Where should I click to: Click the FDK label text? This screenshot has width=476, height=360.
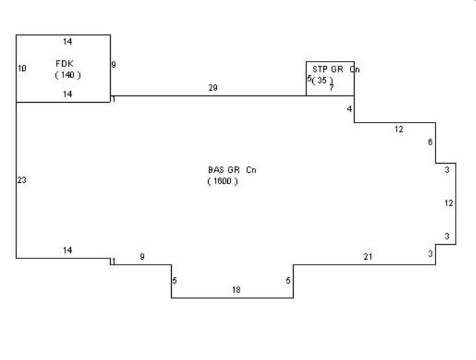click(65, 63)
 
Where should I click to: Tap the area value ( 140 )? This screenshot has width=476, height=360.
click(68, 75)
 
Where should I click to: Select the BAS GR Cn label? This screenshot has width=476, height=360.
click(232, 170)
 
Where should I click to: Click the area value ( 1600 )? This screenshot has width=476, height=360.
click(222, 181)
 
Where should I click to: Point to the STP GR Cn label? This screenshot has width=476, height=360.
click(336, 70)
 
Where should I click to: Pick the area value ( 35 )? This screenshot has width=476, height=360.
click(323, 80)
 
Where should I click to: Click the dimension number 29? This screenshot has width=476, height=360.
click(213, 87)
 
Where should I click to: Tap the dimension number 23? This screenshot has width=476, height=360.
click(22, 180)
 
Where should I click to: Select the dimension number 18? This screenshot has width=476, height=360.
click(236, 290)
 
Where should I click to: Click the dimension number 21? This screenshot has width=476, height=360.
click(368, 257)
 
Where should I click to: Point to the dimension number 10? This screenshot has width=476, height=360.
click(22, 68)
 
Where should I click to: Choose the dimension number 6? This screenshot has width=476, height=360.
click(430, 142)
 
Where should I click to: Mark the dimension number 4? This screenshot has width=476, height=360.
click(349, 108)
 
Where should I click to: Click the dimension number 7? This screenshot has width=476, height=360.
click(331, 87)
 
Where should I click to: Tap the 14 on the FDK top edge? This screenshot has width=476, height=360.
click(67, 42)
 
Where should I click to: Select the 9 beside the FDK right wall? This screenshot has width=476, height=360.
click(113, 64)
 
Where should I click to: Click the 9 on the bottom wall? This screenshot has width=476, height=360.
click(142, 257)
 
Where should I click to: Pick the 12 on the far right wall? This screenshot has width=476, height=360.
click(449, 203)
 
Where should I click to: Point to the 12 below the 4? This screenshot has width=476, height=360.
click(399, 129)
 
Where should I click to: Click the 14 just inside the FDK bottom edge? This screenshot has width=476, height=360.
click(67, 94)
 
